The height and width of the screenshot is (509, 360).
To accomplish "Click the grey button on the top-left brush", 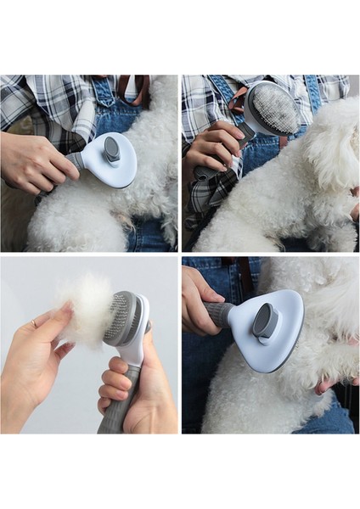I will pyautogui.click(x=111, y=151).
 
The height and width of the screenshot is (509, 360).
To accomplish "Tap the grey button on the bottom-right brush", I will pyautogui.click(x=266, y=321).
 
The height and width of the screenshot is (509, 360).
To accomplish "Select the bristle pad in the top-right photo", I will pyautogui.click(x=274, y=109).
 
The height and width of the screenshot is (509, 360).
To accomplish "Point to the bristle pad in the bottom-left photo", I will pyautogui.click(x=119, y=317).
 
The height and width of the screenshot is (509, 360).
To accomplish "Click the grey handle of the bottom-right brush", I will pyautogui.click(x=218, y=313).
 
